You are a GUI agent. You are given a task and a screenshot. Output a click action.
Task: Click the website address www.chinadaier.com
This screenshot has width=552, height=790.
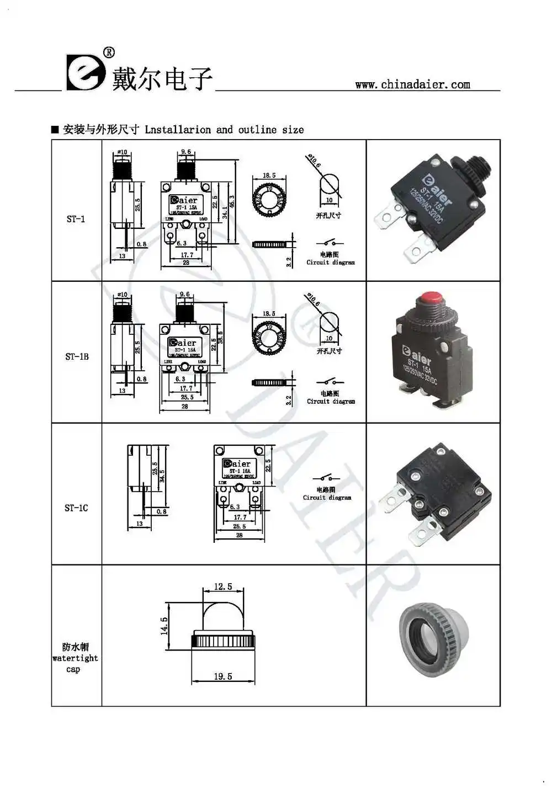coord(412,84)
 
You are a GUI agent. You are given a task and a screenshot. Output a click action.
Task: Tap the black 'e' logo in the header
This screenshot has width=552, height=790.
coord(85,72)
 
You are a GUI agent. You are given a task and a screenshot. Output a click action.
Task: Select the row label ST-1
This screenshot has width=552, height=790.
coord(76,219)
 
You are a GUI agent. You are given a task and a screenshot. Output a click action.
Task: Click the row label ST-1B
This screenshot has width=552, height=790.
coord(77,356)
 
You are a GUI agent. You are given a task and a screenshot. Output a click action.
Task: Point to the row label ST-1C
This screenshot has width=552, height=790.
coord(76,508)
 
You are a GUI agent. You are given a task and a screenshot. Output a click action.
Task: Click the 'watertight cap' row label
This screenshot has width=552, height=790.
coord(75,658)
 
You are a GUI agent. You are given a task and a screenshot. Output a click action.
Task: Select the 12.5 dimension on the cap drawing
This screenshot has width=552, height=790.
coord(223,586)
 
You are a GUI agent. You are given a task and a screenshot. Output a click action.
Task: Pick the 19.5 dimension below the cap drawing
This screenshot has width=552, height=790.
coord(223,676)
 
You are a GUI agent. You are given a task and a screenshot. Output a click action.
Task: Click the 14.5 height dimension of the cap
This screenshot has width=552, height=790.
coord(164,626)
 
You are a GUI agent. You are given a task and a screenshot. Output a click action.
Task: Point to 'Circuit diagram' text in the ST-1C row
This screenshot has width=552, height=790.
coord(327,498)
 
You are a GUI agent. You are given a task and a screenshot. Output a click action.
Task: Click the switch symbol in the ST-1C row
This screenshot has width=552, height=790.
coord(326,478)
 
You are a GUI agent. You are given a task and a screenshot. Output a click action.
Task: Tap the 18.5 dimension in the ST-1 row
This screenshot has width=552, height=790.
coord(269,175)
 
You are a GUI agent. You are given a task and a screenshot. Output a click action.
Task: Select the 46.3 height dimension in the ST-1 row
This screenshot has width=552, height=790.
coord(232,202)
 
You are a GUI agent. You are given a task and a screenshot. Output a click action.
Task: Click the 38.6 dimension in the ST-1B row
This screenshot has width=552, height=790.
coord(220,337)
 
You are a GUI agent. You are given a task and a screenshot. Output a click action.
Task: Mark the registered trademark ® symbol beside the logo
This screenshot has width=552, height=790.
coord(109,52)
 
